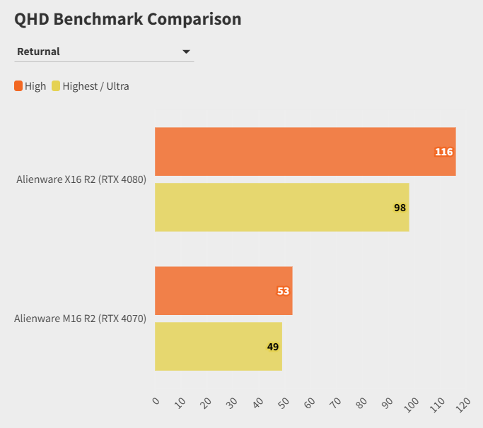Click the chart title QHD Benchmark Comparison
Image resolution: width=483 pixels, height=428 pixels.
click(128, 19)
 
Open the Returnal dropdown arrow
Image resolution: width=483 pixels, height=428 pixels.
click(186, 52)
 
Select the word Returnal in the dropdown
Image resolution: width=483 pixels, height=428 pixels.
click(38, 52)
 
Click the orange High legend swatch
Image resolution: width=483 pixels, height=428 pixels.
click(18, 86)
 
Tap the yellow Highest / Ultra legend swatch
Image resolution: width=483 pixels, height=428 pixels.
click(56, 86)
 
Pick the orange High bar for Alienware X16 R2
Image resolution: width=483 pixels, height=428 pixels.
click(305, 151)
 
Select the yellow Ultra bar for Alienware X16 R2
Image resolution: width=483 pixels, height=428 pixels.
click(281, 207)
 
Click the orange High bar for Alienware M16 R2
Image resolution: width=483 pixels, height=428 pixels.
click(223, 290)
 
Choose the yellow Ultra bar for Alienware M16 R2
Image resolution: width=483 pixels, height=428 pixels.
click(218, 346)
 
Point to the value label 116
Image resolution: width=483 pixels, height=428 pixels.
click(443, 152)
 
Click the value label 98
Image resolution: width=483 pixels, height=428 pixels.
click(400, 208)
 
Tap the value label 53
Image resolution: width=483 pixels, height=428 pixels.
click(283, 291)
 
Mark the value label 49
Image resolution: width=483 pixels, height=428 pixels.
click(273, 347)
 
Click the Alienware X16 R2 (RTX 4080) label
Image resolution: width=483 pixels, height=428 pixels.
click(81, 179)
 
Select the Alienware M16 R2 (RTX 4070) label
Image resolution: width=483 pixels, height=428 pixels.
click(80, 319)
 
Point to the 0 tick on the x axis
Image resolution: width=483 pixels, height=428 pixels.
click(156, 401)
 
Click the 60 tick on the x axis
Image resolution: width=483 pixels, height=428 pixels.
click(310, 403)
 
